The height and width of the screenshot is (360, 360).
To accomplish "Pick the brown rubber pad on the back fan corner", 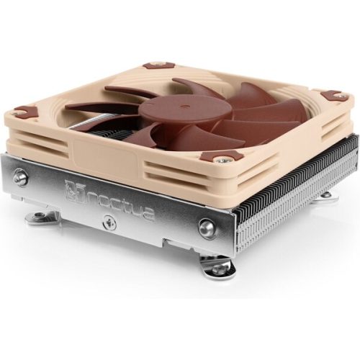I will pos(153,66).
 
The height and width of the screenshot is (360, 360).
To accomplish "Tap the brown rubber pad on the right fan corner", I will pos(333,96).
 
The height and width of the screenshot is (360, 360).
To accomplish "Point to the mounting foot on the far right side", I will pos(325,194).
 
